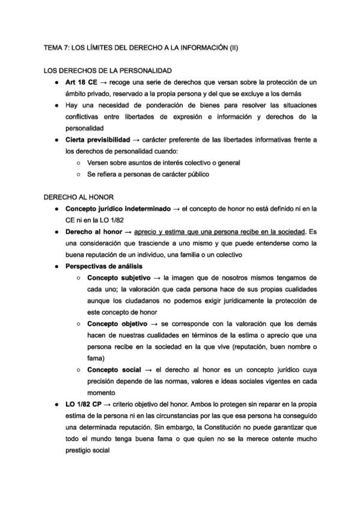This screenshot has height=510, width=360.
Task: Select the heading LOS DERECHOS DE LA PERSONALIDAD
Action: (x=108, y=70)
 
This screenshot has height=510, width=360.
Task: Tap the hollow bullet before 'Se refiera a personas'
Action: (x=79, y=174)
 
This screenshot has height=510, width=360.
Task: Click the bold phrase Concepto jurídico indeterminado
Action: (x=119, y=209)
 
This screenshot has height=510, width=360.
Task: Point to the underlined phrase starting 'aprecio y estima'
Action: (x=220, y=232)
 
